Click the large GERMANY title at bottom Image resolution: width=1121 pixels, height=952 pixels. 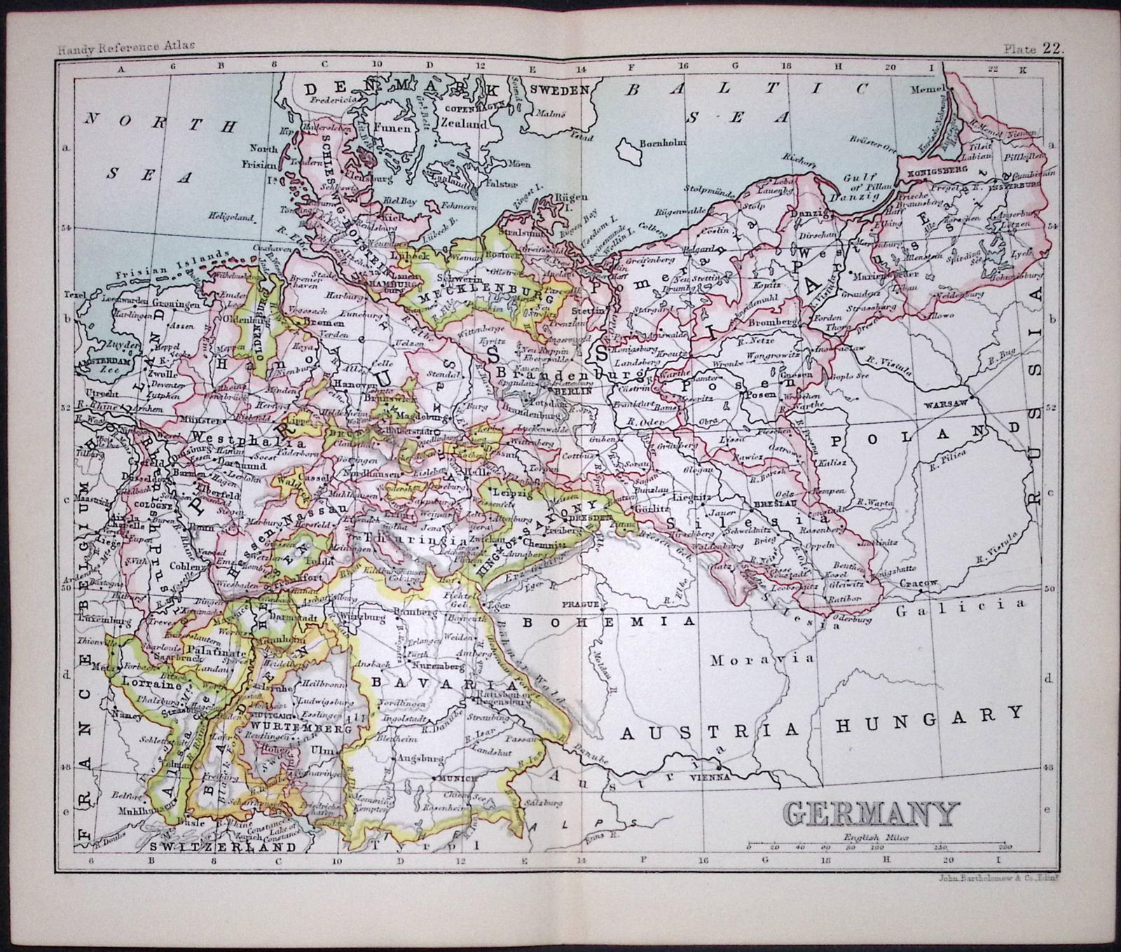tap(869, 814)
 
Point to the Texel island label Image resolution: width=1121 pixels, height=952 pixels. tap(72, 294)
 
